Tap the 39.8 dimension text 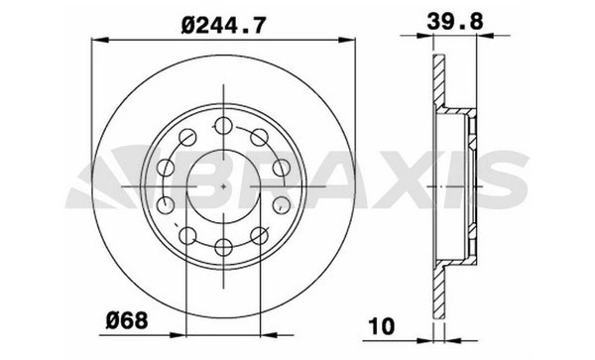(455, 21)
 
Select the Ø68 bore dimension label (126, 320)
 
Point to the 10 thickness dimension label (382, 326)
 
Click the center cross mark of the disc (223, 186)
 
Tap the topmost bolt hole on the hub (223, 126)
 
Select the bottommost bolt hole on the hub (223, 247)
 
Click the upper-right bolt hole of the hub (260, 137)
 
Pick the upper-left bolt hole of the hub (187, 137)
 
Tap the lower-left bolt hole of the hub (187, 235)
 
